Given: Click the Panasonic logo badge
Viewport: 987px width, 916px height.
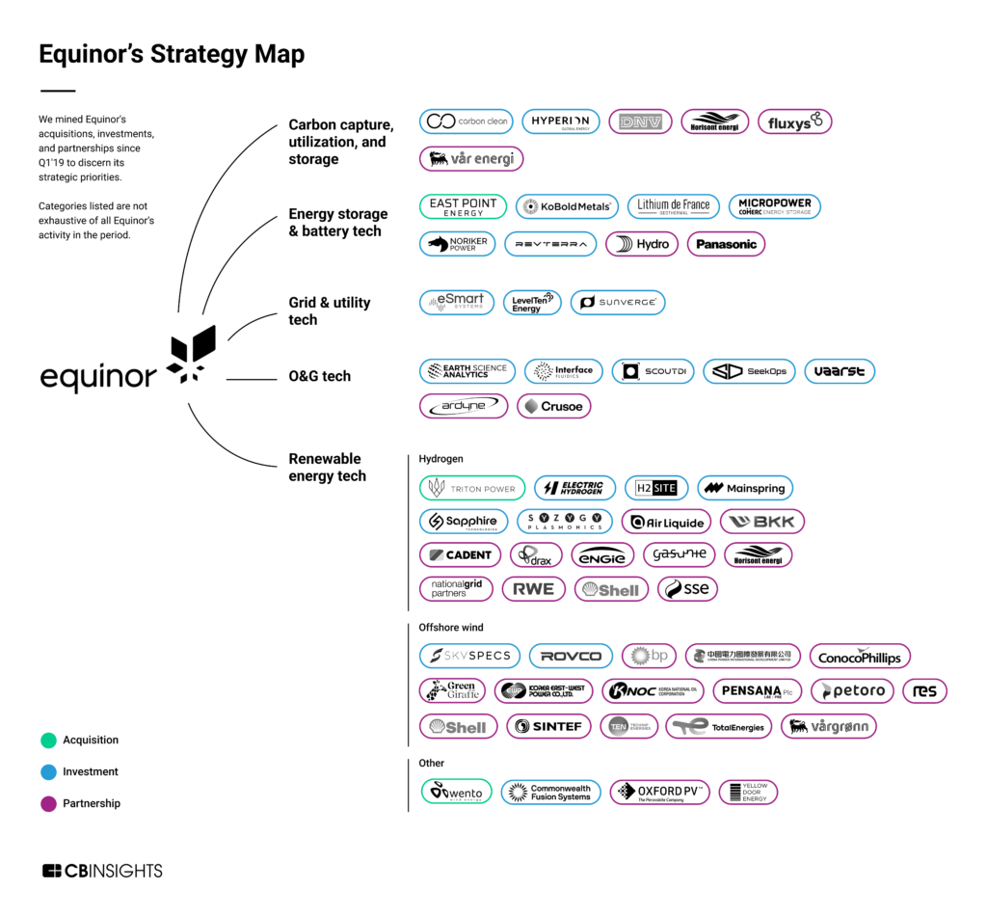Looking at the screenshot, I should tap(726, 244).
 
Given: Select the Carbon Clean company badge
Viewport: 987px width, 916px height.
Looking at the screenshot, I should tap(467, 121).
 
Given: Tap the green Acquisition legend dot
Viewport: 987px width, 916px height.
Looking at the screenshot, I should tap(48, 741).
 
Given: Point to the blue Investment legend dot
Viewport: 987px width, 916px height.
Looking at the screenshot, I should tap(48, 771).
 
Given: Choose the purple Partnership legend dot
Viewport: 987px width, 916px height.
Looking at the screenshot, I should tap(48, 803).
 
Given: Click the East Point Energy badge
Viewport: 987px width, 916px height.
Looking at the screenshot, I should tap(463, 206).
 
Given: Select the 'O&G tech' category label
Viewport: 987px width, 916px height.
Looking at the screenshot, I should tap(320, 376).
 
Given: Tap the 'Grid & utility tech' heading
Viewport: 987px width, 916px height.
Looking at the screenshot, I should tap(329, 310).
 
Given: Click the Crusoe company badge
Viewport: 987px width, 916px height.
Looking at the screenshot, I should tap(554, 406).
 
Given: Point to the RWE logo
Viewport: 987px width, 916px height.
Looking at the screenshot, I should tap(533, 588).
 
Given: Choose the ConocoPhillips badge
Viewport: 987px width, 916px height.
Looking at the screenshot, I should tap(859, 657).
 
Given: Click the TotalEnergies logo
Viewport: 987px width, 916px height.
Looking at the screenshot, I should tap(718, 726).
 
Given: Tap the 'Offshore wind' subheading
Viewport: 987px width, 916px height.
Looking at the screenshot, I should tap(451, 628).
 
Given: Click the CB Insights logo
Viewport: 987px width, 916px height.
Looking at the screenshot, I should tap(102, 871).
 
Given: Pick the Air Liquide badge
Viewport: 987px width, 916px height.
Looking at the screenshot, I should tap(666, 522).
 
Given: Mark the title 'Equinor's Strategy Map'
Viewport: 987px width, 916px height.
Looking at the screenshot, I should tap(172, 55).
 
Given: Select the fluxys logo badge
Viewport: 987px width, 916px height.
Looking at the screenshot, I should tap(794, 121).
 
